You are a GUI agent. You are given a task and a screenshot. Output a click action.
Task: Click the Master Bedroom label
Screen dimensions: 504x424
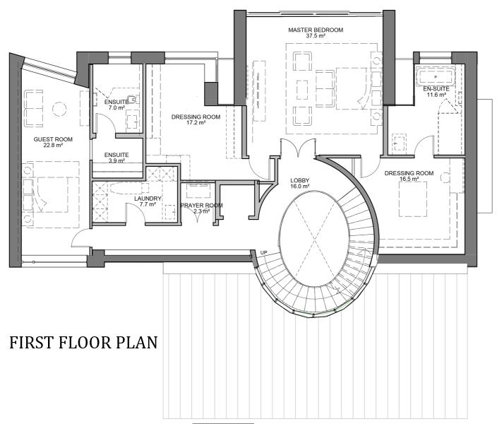[x=316, y=33]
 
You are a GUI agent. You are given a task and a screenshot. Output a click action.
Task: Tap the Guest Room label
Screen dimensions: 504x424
[x=53, y=142]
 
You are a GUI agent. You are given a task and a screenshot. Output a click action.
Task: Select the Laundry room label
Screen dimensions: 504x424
[x=148, y=201]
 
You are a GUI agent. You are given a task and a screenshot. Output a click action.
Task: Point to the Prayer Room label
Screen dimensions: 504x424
[x=202, y=208]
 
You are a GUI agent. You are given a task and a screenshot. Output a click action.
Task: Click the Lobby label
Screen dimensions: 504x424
[x=299, y=183]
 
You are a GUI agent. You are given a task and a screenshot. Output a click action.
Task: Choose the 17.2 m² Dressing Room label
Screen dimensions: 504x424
[x=196, y=119]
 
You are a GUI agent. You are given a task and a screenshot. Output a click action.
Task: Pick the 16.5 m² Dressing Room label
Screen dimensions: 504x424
[x=409, y=176]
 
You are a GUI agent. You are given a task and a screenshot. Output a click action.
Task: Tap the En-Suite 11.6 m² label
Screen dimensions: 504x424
[x=436, y=91]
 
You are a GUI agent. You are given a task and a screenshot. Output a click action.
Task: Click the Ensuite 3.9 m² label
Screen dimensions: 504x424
[x=116, y=158]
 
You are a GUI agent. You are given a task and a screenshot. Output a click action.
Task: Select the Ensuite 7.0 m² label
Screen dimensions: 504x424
[x=116, y=105]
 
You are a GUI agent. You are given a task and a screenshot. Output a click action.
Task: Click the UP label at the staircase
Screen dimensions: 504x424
[x=263, y=252]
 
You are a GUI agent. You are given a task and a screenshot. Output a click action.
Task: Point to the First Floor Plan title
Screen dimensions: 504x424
[x=83, y=342]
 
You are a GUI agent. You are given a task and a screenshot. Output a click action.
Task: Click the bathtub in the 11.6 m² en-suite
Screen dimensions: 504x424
[x=436, y=76]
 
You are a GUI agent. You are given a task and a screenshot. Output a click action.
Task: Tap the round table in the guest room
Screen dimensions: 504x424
[x=59, y=109]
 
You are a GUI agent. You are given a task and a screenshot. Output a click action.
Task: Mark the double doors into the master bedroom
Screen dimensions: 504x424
[x=299, y=148]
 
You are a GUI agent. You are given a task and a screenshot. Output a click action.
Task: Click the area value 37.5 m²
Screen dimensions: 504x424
[x=316, y=36]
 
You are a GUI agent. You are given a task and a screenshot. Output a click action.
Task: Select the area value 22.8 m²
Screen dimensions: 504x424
[x=53, y=145]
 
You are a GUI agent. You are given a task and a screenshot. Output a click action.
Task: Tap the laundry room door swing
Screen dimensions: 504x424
[x=136, y=212]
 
